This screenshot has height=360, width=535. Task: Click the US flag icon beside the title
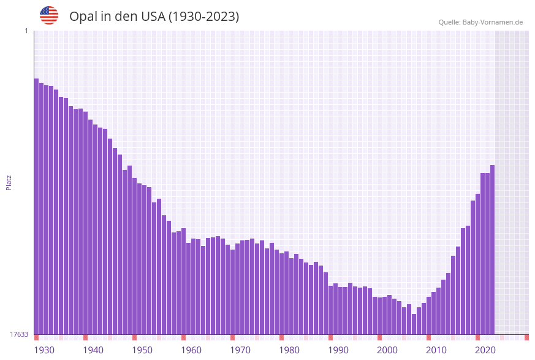pos(49,15)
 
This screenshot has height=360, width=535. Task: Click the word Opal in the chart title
pos(82,17)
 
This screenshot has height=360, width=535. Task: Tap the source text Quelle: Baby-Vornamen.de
pos(480,22)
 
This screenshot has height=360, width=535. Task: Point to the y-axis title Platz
pos(9,182)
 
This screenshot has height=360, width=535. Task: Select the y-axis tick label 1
pos(26,31)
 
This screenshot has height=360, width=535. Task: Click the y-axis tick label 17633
pos(19,334)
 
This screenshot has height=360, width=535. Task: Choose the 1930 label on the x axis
pos(44,350)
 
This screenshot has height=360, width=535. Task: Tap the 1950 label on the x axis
pos(142,350)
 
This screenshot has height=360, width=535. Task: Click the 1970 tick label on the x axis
pos(240,350)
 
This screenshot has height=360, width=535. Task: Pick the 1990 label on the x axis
pos(338,350)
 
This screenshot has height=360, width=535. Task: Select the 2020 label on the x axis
pos(485,350)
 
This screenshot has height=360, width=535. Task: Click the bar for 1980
pos(281,294)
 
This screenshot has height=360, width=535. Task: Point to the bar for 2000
pos(379,315)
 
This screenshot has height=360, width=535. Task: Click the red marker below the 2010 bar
pos(428,337)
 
